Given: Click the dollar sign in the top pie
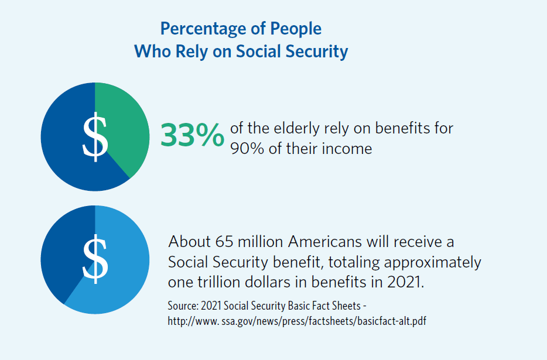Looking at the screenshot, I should [x=95, y=137].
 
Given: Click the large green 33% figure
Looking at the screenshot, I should [x=192, y=135].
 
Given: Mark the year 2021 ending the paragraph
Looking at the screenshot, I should [x=405, y=281].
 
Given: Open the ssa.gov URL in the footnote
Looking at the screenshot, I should [x=293, y=321].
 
